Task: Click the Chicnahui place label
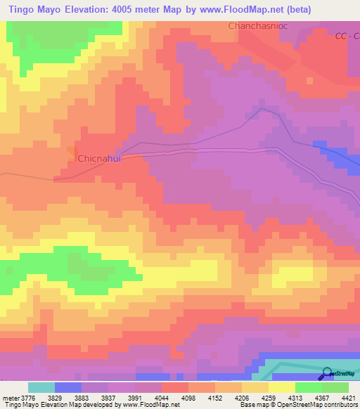[99, 159]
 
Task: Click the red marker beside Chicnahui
[72, 151]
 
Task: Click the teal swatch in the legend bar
[41, 388]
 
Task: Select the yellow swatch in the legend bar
[281, 388]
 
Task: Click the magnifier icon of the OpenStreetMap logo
[326, 374]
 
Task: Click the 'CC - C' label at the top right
[347, 36]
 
